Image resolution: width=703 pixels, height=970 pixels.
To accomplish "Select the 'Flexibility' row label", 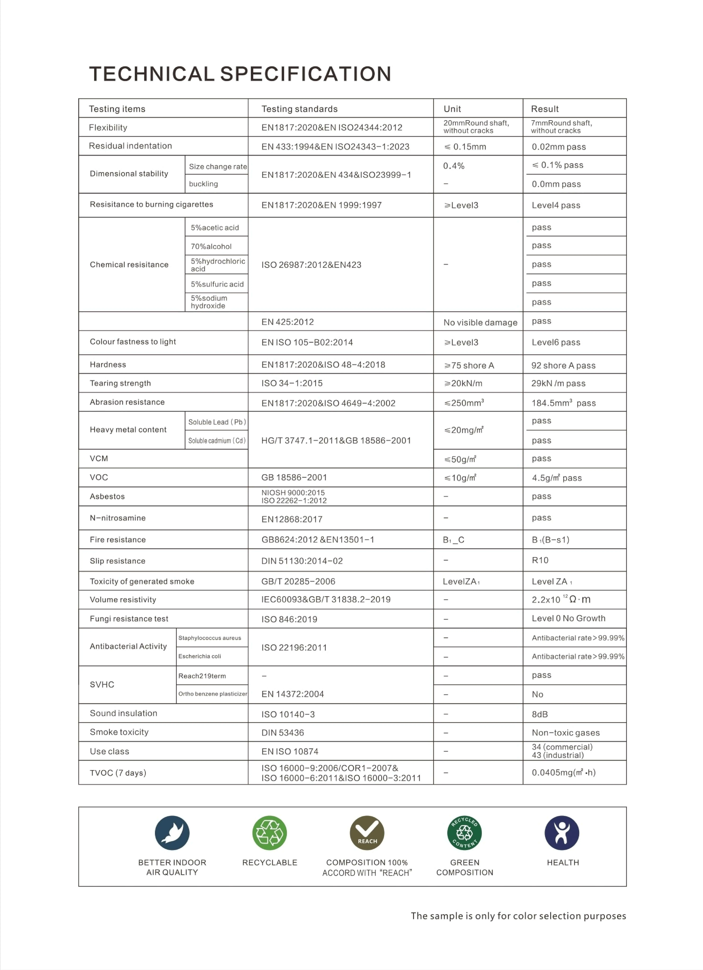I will [108, 127].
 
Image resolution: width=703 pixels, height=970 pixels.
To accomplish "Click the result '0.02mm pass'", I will [559, 147].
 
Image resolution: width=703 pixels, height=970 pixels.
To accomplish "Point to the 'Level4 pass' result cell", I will [556, 205].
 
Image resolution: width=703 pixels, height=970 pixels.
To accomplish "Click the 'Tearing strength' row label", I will [120, 383].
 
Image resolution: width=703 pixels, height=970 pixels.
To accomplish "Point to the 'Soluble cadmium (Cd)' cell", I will [217, 441].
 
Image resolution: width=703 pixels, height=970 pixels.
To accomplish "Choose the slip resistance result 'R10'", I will [540, 560].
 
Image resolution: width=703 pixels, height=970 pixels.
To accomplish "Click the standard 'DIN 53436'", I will [282, 733].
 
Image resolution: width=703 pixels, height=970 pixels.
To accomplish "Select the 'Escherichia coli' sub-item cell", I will [200, 656].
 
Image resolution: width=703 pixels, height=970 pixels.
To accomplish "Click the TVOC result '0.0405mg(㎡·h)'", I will [563, 772].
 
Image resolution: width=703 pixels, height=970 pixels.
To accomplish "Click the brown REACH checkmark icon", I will [367, 833].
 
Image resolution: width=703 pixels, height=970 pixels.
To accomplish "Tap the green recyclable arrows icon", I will [269, 833].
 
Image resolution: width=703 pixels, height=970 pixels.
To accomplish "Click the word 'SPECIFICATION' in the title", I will [306, 74].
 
